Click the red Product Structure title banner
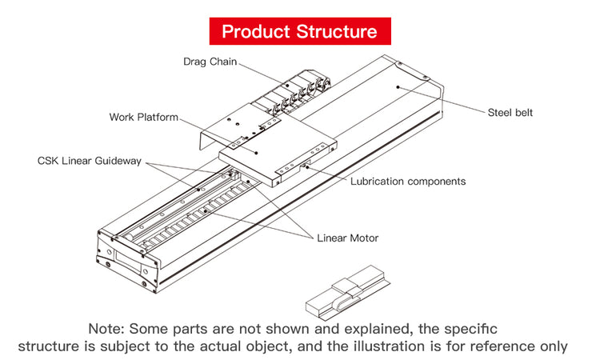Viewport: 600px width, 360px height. [299, 32]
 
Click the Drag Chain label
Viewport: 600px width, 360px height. [210, 62]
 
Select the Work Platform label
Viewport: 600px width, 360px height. [144, 118]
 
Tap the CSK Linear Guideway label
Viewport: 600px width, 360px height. [90, 161]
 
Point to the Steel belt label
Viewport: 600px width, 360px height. [510, 113]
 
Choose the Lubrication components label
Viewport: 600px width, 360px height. [408, 182]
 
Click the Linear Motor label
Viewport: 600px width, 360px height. [348, 238]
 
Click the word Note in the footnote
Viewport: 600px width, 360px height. [106, 329]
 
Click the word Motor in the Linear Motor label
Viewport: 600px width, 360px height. [364, 238]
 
